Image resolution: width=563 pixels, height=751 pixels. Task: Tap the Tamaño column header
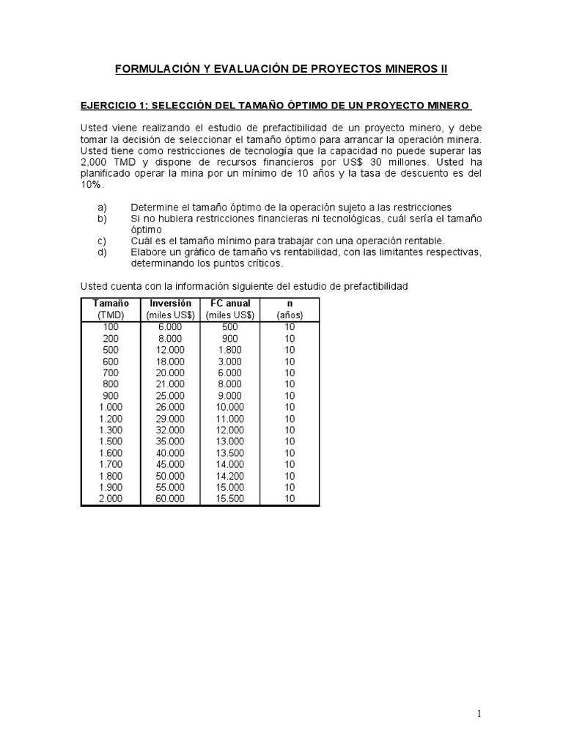(x=111, y=304)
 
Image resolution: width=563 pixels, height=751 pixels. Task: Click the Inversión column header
(x=171, y=304)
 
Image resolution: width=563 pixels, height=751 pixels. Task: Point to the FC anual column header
(x=230, y=304)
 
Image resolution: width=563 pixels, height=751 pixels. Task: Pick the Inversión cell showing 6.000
(x=171, y=327)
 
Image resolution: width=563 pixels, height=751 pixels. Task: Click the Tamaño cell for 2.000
(x=111, y=498)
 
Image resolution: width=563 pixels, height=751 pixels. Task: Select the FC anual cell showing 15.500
(x=230, y=498)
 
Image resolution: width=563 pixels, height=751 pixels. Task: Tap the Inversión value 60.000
(x=171, y=498)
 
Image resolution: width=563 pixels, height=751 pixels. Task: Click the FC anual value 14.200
(x=230, y=475)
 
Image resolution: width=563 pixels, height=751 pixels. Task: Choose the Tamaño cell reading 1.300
(x=111, y=430)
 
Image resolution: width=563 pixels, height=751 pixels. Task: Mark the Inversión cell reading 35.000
(x=171, y=441)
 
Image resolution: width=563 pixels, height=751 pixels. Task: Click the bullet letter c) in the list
(x=102, y=241)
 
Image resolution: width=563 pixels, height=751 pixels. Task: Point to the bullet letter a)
(x=102, y=208)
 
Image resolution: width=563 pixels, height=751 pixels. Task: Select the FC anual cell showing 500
(x=230, y=327)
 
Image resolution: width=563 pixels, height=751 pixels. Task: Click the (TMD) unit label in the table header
(x=111, y=315)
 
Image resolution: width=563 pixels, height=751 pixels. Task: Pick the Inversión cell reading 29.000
(x=171, y=418)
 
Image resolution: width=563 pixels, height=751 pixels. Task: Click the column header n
(x=290, y=304)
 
